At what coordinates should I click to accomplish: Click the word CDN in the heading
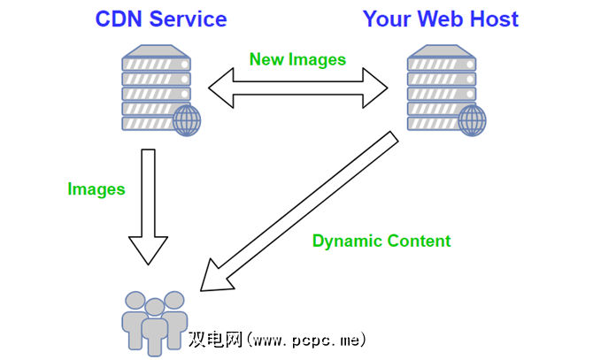pos(122,19)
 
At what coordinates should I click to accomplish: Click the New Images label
pos(297,60)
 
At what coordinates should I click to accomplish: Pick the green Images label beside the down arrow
pos(96,188)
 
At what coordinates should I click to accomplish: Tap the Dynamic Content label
pos(381,241)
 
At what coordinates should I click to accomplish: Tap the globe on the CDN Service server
pos(187,120)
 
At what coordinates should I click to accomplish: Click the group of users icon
pos(154,320)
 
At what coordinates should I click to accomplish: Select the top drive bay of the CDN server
pos(156,64)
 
